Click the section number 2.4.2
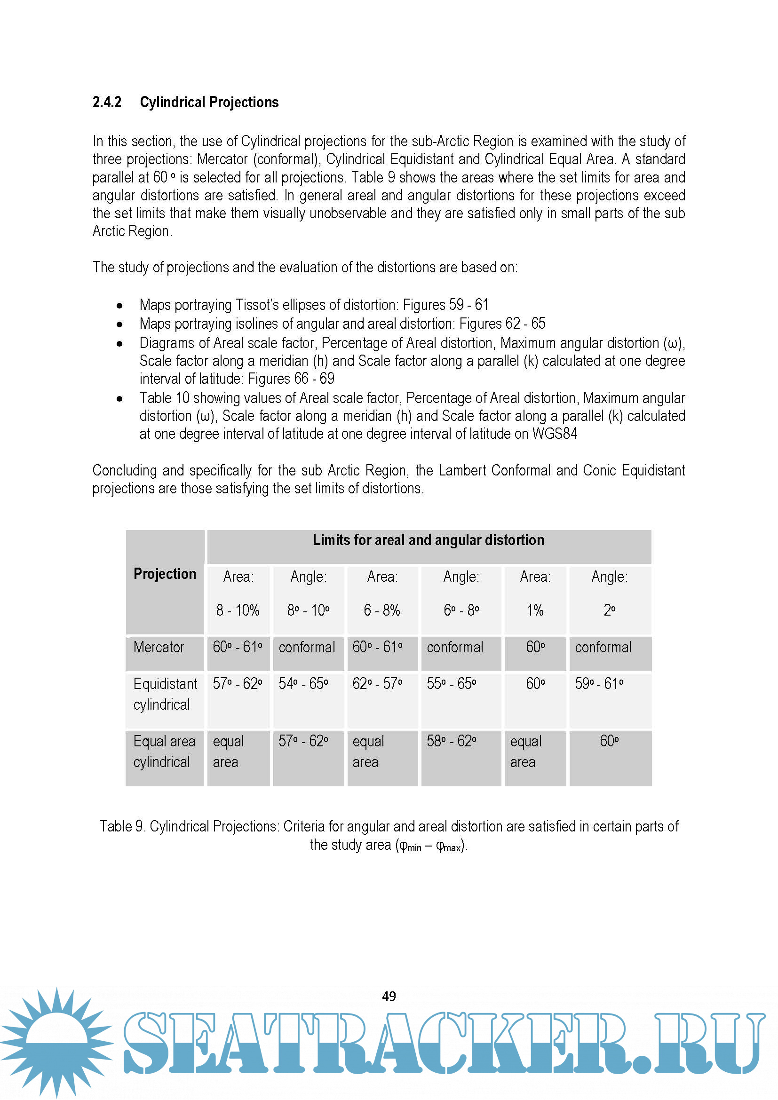[107, 102]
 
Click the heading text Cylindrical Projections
[209, 102]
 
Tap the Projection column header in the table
[165, 573]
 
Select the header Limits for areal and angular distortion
[429, 540]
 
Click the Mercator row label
[159, 647]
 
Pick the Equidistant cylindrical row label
[165, 694]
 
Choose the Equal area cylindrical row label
[164, 751]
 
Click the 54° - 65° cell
[303, 683]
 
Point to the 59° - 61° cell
[599, 683]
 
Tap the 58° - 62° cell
[451, 741]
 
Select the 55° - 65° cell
[451, 683]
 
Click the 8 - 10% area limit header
[238, 610]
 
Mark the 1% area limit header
[535, 610]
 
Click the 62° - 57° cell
[378, 683]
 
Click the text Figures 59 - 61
[445, 304]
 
